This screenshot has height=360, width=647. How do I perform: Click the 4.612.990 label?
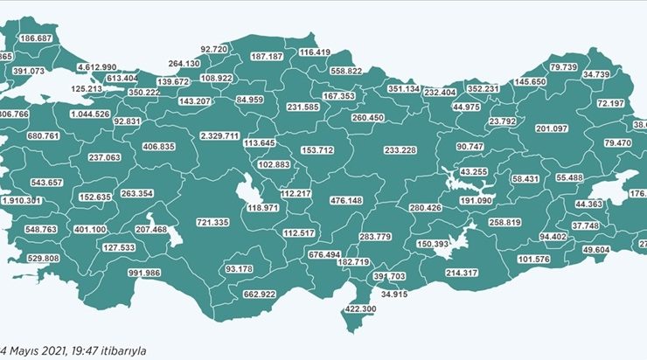tap(96, 66)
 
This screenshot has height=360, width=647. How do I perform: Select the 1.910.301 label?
tap(21, 200)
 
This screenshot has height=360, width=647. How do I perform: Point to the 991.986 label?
tap(143, 273)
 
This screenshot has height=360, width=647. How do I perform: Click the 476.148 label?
tap(345, 200)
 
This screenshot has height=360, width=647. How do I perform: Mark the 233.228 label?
tap(400, 150)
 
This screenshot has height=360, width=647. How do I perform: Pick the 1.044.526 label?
tap(89, 114)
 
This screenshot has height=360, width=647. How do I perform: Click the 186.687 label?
tap(36, 39)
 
